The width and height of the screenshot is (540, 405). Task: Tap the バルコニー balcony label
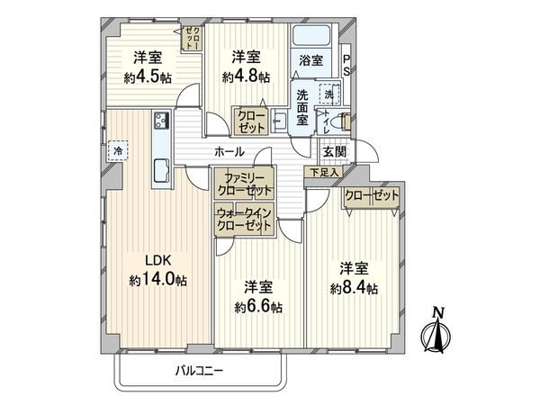pos(200,371)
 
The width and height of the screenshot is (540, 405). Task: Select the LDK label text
pos(158,260)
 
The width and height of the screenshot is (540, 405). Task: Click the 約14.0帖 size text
pos(158,280)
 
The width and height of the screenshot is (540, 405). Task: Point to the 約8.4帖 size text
pos(354,288)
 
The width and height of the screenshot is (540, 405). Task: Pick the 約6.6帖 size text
pos(258,307)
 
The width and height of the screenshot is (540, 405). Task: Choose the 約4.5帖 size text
pos(148,77)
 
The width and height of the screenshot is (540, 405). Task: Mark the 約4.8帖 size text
pos(246,76)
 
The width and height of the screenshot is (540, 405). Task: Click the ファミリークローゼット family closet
pos(244,183)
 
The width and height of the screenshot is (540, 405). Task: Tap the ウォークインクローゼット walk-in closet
pos(244,219)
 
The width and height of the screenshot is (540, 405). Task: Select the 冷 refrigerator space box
pos(118,150)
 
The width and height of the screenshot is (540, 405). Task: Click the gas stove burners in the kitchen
pos(161,121)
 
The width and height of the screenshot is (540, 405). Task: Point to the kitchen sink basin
pos(161,170)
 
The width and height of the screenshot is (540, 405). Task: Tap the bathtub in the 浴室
pos(311,35)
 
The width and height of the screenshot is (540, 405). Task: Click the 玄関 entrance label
pos(334,151)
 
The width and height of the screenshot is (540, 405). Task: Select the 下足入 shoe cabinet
pos(324,172)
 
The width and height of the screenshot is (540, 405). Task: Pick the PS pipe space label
pos(346,65)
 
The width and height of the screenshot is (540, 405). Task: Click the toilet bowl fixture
pos(344,121)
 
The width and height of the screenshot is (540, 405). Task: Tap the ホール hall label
pos(229,151)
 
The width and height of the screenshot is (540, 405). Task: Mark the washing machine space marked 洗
pos(329,94)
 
